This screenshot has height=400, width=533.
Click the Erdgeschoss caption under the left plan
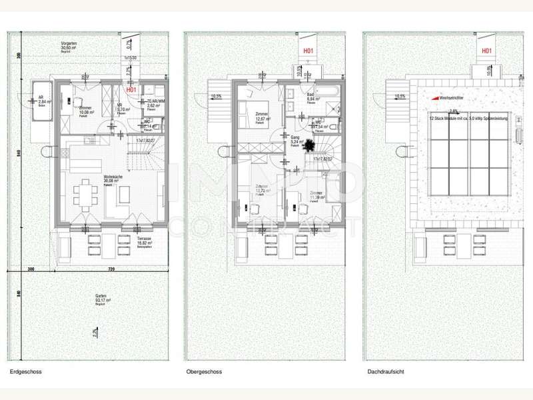(26, 372)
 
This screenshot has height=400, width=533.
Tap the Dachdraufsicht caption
(385, 372)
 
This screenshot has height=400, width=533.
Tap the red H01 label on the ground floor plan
(131, 89)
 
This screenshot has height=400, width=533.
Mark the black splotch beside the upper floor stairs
(310, 148)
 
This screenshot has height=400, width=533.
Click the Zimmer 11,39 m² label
(317, 195)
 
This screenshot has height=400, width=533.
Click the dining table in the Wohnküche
(85, 194)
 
